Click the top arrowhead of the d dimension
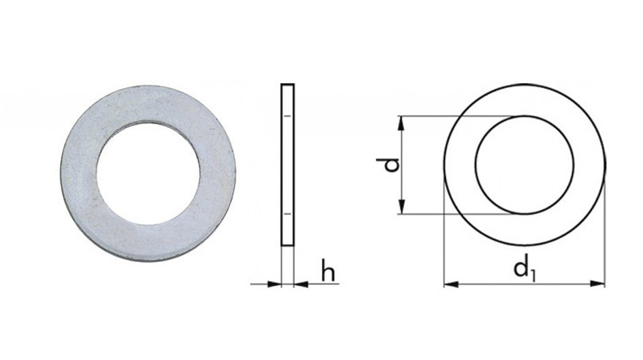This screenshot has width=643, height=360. pos(403,122)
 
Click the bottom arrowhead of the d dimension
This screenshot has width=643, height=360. pos(403,208)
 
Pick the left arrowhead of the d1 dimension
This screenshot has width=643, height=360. pos(450,283)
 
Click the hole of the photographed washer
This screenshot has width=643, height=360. pos(148,171)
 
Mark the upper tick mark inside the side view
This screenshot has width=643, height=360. pos(288,117)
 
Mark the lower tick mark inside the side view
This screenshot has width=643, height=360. pos(288,214)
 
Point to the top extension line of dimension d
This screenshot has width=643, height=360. pos(463,116)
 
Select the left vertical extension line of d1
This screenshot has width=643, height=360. pos(444,238)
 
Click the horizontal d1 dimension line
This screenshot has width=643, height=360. pos(490,283)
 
